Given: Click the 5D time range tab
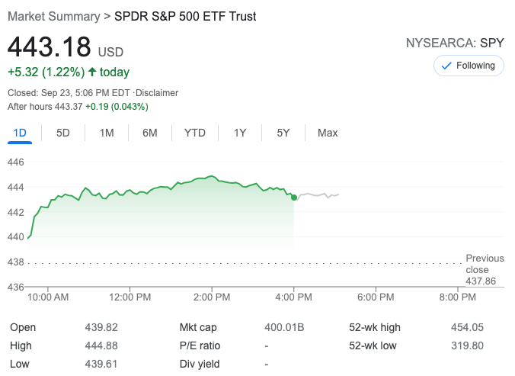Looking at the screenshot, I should coord(63,133).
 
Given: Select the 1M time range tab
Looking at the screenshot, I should coord(107,133).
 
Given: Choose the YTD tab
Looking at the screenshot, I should coord(195,133).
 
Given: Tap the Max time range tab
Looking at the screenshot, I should coord(328,133).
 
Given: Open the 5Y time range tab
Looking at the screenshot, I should coord(283,133).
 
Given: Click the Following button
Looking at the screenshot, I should coord(469,66).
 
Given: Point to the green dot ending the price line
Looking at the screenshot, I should coord(294,198).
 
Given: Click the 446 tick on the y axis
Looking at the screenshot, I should coord(17,162).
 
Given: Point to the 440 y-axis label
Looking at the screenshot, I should coord(17,236).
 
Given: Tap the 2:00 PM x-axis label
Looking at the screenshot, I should coord(212,297).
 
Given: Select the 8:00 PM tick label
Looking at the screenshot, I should coord(458,297).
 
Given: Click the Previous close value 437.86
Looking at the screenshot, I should coord(480,281).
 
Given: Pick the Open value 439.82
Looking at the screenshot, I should coord(101,327).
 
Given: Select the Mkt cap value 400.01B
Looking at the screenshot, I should coord(283,327).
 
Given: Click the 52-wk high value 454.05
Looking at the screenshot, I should coord(467,327).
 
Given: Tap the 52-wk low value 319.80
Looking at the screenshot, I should coord(467,345).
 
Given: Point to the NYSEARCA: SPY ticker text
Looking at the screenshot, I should coord(455,43).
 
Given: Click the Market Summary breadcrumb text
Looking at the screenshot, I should coord(53,16).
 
